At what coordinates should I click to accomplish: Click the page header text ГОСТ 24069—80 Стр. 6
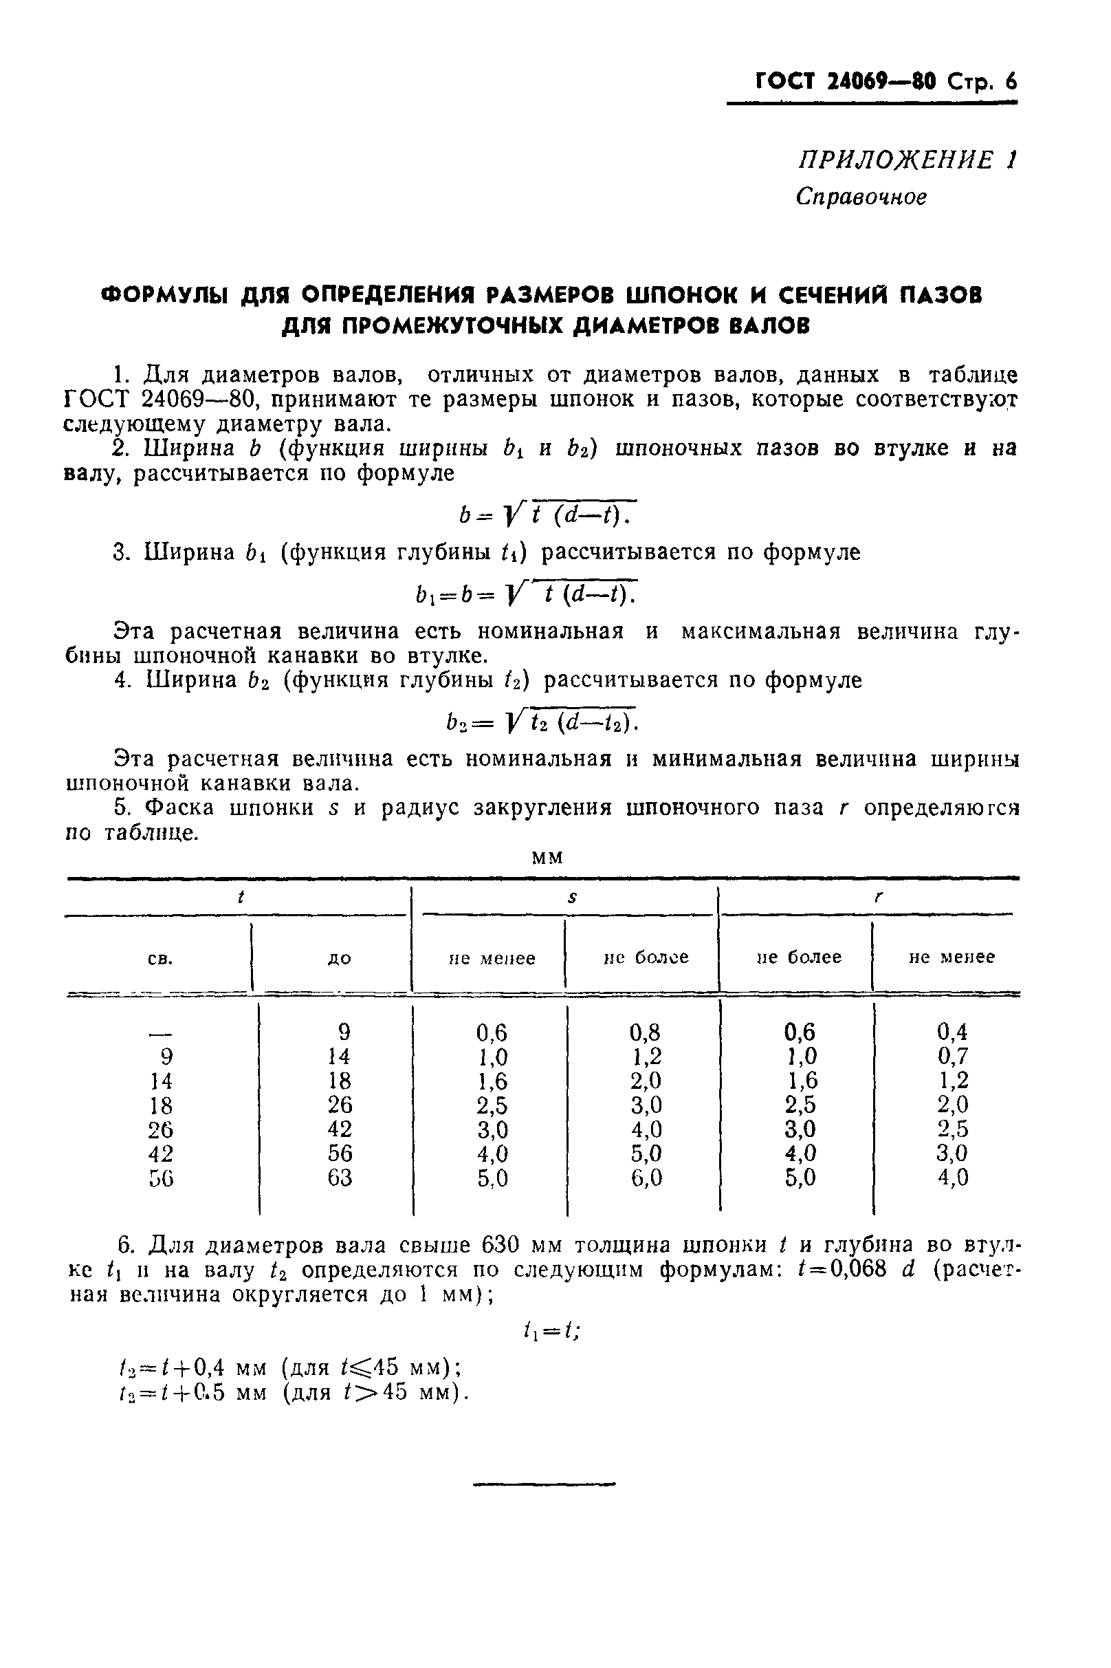coord(885,82)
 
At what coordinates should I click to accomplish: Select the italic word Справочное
coord(861,196)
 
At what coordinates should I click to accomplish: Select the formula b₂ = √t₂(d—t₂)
coord(541,722)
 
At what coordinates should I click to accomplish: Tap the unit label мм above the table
coord(547,858)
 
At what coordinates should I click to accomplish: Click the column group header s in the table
coord(572,898)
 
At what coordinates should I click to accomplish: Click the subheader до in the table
coord(340,958)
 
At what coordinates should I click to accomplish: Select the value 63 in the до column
coord(340,1178)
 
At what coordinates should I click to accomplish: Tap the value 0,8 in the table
coord(646,1032)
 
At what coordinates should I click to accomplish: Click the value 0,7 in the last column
coord(952,1057)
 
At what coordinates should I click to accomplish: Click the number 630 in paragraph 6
coord(503,1245)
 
